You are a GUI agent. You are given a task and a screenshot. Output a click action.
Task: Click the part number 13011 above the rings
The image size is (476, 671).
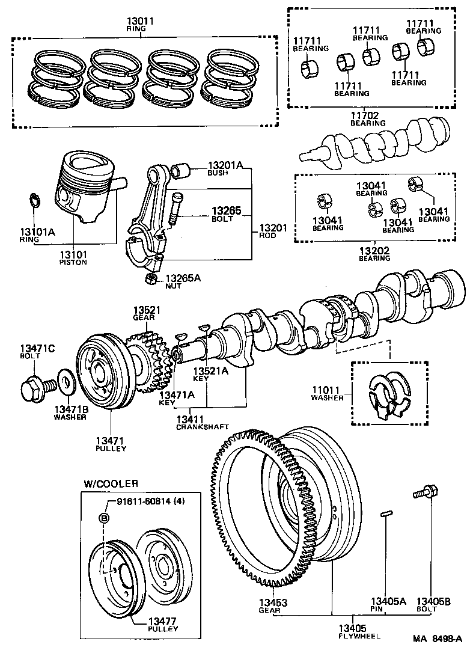coord(141,20)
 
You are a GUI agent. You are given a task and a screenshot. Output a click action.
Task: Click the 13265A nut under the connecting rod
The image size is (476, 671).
coord(152,278)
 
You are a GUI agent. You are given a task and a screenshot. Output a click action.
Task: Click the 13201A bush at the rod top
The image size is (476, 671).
coord(182,171)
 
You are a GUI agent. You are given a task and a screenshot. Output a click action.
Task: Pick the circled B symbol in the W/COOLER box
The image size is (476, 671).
coord(103,518)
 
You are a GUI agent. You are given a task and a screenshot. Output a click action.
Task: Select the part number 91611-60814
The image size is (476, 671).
coord(142,503)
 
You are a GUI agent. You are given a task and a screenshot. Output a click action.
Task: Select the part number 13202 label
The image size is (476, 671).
coord(374,250)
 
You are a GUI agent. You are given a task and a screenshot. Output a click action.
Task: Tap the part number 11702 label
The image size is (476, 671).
coord(367,114)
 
